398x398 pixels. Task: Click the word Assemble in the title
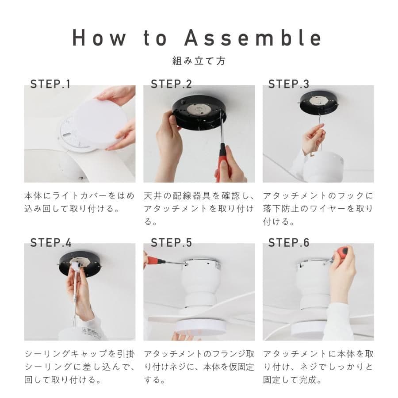[253, 38]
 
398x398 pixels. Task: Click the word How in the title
[99, 38]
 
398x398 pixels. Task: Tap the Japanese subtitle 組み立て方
[199, 61]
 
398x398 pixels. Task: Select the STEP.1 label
[50, 84]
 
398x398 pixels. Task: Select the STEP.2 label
[171, 84]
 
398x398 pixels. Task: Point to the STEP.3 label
[289, 84]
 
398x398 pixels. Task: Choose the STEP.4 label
[51, 242]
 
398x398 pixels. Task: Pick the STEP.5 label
[171, 242]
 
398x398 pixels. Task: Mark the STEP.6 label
[289, 242]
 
